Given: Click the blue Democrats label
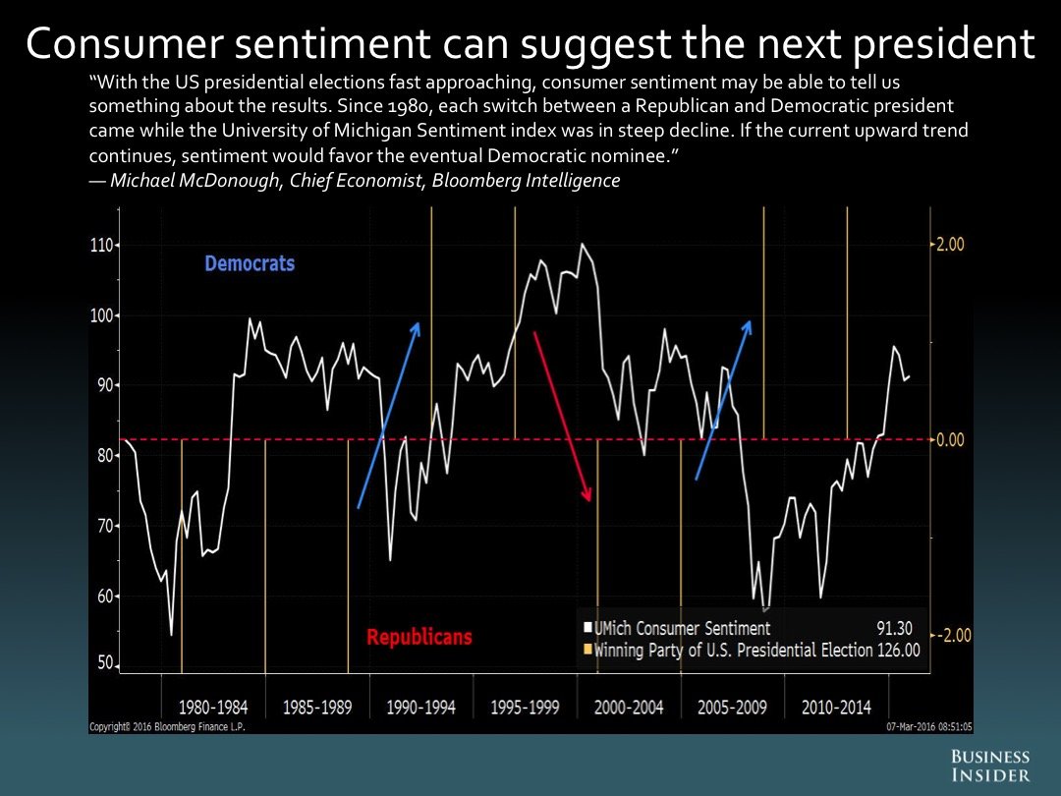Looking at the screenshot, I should [250, 263].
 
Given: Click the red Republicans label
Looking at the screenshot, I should [419, 637].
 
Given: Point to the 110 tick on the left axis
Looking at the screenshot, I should [102, 245].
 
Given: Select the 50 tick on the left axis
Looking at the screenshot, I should [103, 663].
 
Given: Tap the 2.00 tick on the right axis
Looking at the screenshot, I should [949, 245].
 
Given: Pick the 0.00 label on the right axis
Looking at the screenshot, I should [950, 439].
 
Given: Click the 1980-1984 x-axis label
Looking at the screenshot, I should [213, 708].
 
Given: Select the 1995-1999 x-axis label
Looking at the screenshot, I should [525, 708].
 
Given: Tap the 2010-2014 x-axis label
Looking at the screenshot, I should [836, 708].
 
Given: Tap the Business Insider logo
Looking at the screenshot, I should [989, 766].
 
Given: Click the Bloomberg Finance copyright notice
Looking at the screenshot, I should [167, 727].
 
